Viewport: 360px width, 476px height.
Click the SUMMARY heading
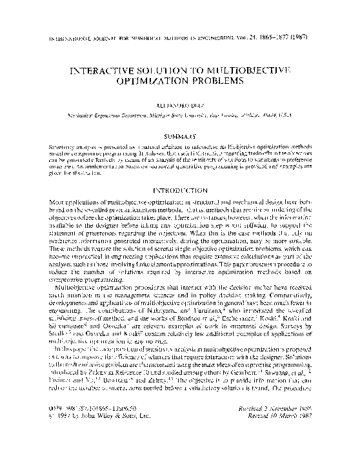[x=180, y=137]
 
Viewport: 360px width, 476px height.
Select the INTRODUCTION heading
[x=180, y=192]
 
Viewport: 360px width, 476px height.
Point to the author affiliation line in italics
[x=180, y=114]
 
